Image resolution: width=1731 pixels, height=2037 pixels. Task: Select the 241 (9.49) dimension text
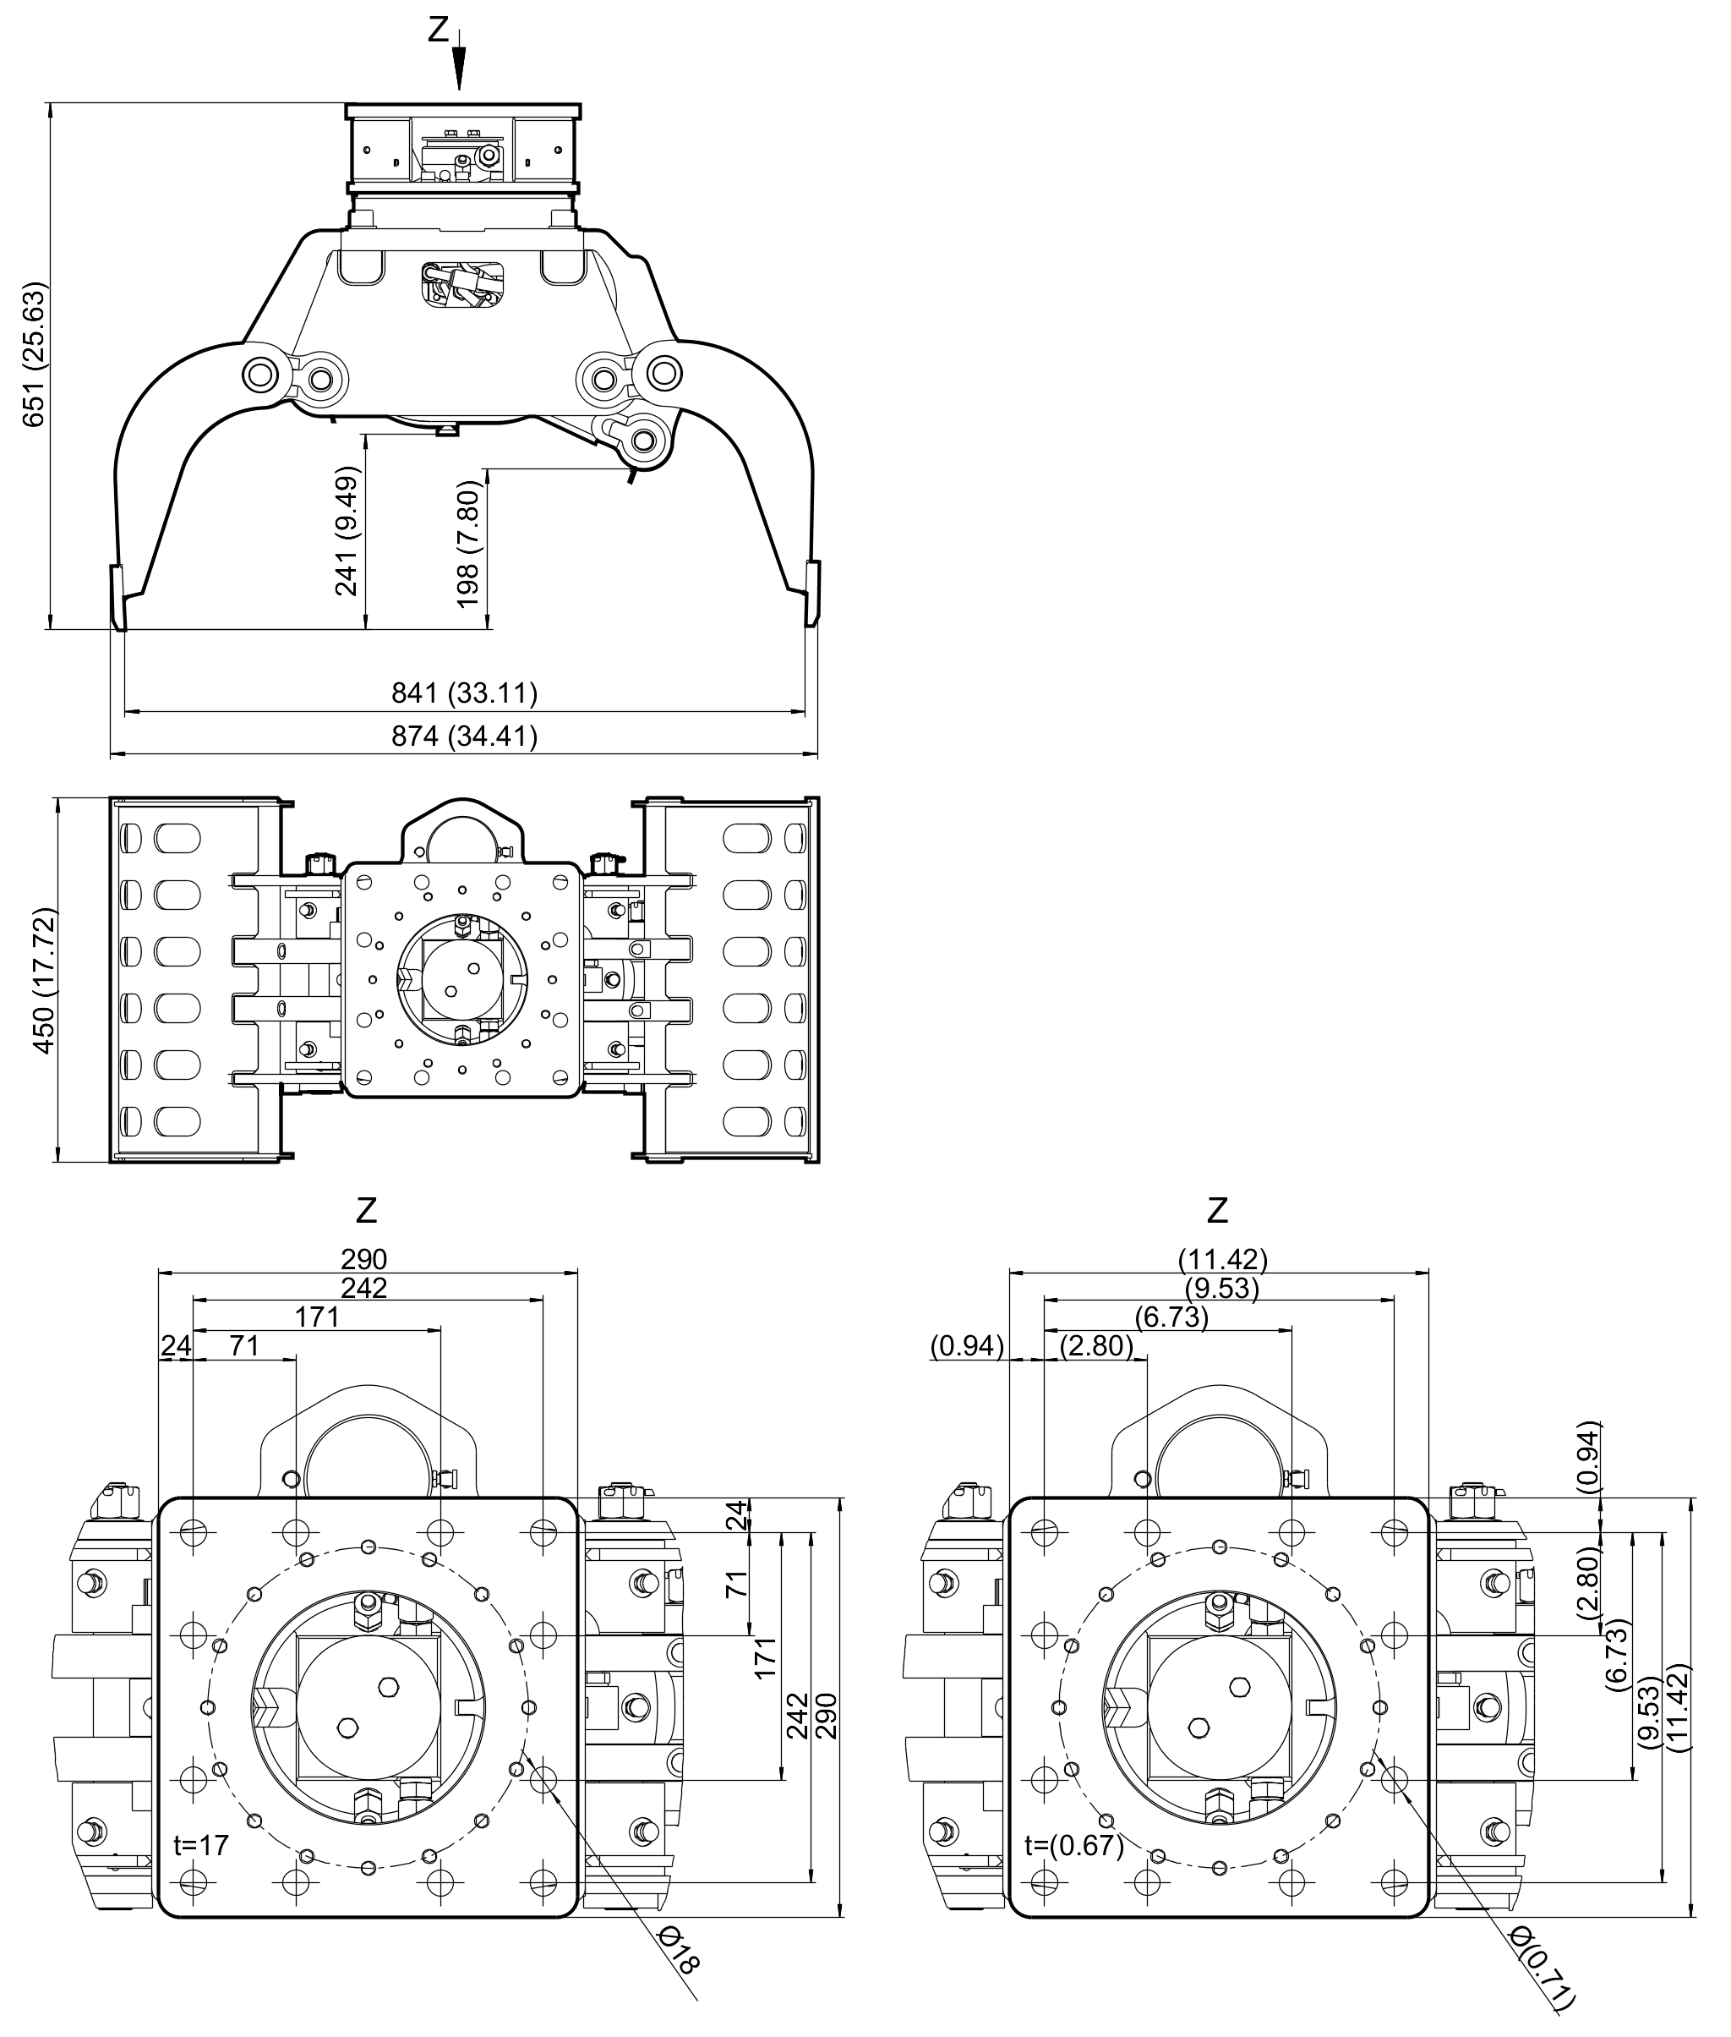(x=347, y=530)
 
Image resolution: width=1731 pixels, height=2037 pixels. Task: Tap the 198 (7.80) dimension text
(x=469, y=543)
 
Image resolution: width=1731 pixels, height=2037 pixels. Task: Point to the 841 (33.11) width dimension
(x=464, y=693)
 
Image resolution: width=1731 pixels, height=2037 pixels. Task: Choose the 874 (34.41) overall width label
(x=464, y=736)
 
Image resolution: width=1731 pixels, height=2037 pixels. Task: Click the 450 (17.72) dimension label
(x=45, y=981)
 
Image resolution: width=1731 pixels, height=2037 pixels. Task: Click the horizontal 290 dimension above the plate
(x=364, y=1258)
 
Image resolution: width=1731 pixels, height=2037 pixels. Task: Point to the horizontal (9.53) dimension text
(x=1221, y=1288)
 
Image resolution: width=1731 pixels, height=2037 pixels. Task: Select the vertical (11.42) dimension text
(x=1678, y=1706)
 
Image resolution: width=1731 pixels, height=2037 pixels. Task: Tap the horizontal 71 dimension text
(x=244, y=1345)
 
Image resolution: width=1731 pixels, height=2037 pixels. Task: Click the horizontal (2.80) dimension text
(x=1096, y=1345)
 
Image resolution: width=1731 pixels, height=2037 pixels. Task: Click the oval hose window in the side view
(x=463, y=284)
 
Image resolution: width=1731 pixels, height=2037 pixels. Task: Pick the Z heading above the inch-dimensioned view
(x=1218, y=1209)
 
